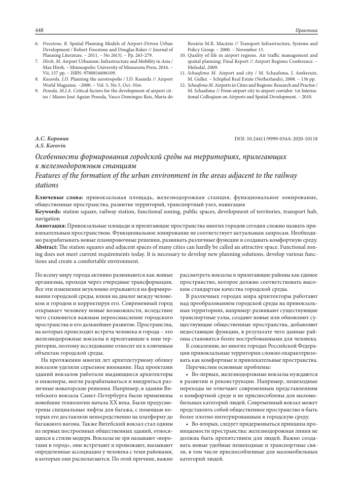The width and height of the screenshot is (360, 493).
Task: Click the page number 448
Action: (40, 30)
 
